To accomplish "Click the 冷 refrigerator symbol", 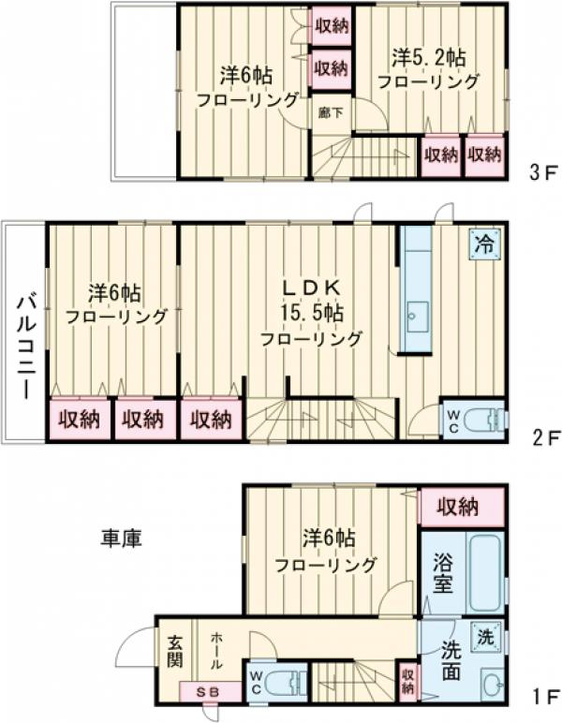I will coord(485,245).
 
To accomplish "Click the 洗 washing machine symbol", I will coord(485,635).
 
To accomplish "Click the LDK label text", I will coord(309,288).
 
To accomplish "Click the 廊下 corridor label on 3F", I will coord(329,112).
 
